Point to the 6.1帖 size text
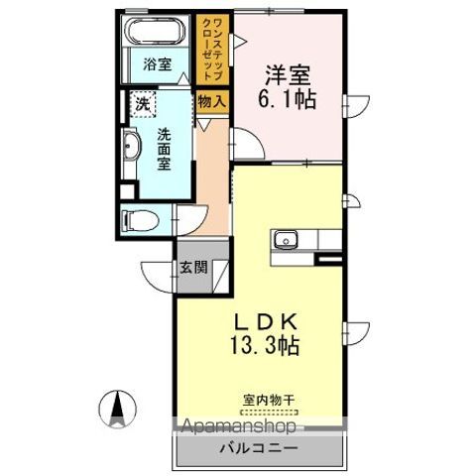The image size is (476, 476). [x=288, y=100]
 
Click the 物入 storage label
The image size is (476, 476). [x=211, y=99]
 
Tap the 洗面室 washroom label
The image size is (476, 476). [x=166, y=149]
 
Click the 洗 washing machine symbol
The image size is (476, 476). [x=144, y=103]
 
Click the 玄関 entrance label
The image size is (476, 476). [x=192, y=267]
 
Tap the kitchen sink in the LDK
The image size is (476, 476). [x=288, y=239]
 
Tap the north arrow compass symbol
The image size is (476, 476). [x=114, y=407]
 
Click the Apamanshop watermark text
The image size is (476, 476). [x=238, y=427]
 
